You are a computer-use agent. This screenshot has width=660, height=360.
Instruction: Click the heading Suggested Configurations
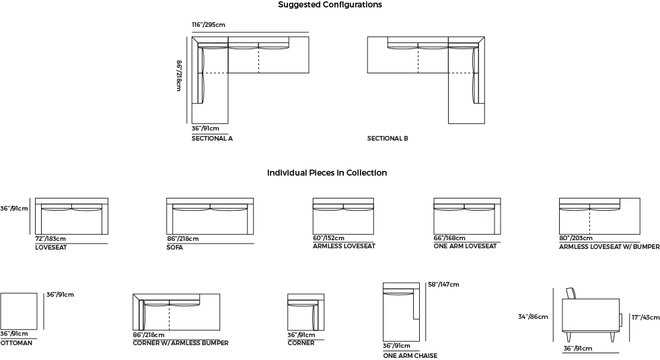point(330,5)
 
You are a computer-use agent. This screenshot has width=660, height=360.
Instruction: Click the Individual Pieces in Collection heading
point(327,173)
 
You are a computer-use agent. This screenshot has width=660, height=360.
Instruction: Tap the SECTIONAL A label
point(212,138)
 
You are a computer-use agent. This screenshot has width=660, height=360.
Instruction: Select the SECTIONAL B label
point(388,138)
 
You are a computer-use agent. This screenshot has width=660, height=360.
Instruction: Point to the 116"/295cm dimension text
point(209,24)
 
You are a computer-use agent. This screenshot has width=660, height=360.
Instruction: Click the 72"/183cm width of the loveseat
point(50,239)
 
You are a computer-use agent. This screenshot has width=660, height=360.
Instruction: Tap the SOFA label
point(175,248)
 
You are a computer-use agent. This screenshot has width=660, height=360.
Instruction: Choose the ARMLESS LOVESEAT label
point(344,246)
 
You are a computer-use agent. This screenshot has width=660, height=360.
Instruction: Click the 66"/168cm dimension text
point(449,238)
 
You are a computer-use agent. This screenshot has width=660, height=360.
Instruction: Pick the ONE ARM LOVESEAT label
point(465,246)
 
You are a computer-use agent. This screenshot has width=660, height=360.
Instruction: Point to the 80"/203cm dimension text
point(575,238)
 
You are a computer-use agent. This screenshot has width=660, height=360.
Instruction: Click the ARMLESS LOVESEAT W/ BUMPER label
point(609,247)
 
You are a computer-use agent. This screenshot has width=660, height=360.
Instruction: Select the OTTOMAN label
point(16,343)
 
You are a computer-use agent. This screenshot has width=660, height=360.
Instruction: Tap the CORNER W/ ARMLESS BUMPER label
point(180,343)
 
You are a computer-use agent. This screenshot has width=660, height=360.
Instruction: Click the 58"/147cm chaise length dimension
point(443,284)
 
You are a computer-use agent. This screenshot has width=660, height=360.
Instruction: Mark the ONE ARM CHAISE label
point(410,356)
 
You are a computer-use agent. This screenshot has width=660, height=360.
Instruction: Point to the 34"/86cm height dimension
point(533,317)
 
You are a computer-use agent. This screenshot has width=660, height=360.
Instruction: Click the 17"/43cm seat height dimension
point(645,318)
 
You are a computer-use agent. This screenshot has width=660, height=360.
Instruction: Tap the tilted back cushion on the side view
point(571,293)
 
